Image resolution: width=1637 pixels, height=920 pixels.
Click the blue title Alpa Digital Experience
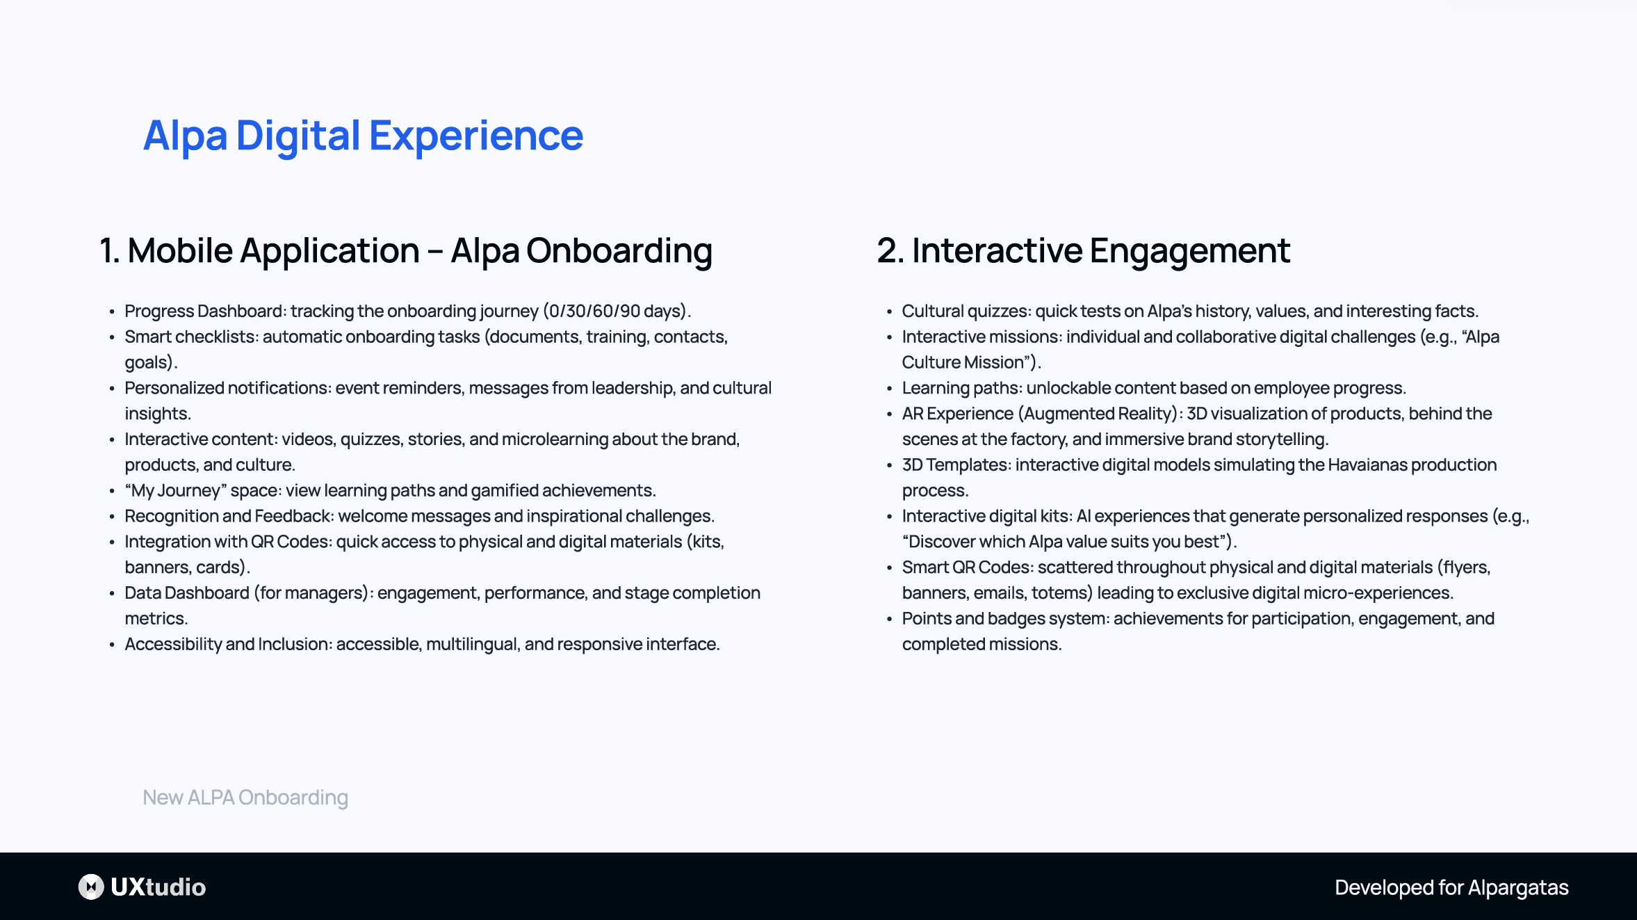[362, 136]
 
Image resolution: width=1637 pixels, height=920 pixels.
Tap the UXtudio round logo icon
[91, 887]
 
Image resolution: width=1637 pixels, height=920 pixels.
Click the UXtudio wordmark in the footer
[158, 887]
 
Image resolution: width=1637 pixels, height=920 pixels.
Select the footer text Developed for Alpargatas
[1451, 887]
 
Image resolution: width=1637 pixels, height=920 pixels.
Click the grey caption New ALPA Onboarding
[245, 798]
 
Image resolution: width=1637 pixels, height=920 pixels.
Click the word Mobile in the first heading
[179, 251]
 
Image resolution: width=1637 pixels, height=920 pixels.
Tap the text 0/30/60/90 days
[615, 311]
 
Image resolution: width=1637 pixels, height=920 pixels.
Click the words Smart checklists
[190, 337]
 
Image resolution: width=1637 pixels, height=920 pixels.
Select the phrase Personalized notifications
[227, 388]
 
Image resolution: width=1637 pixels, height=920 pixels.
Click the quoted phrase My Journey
[176, 491]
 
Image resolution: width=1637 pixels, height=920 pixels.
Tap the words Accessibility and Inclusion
[227, 645]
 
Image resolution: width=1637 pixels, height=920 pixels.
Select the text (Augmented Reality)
[1098, 414]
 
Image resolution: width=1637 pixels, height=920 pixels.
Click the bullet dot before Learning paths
[889, 389]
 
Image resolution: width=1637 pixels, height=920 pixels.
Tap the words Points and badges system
[1004, 619]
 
